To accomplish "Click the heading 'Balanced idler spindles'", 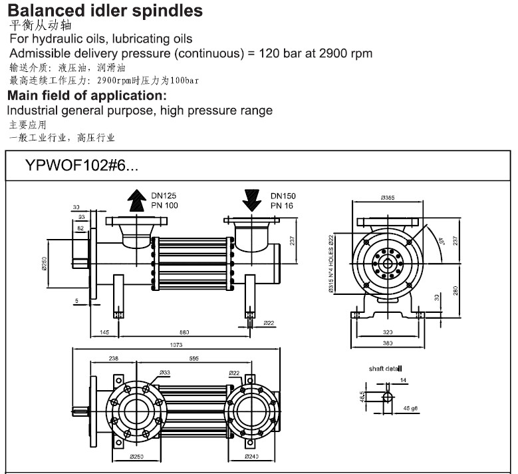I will coord(105,11).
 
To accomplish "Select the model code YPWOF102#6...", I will coord(82,166).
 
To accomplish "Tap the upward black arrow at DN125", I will coord(137,200).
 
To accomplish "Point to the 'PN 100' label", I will coord(164,206).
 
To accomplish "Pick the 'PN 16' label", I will coord(283,206).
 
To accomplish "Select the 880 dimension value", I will coord(184,331).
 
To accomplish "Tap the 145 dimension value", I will coord(105,331).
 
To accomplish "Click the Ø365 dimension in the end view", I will coord(388,198).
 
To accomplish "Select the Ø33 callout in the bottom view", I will coord(164,372).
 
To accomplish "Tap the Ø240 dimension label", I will coord(252,457).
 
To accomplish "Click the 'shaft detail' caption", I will coord(386,368).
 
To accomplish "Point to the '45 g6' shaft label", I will coord(409,409).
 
